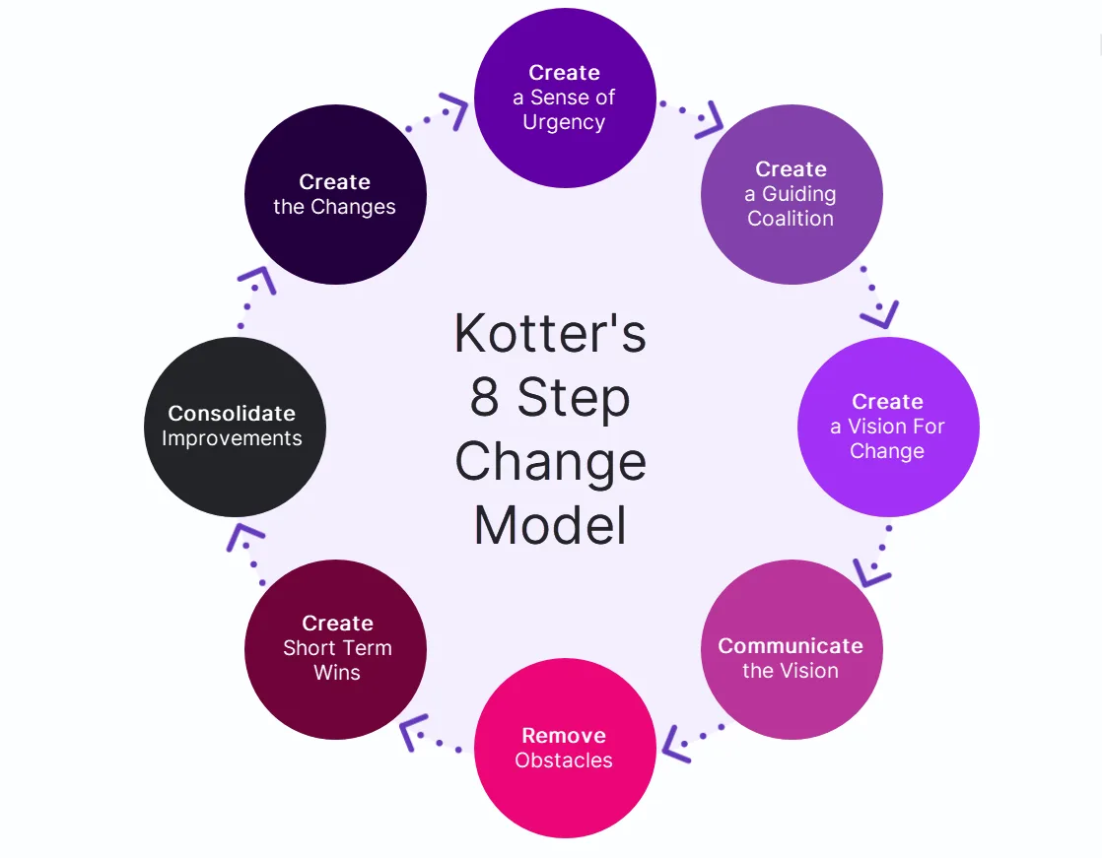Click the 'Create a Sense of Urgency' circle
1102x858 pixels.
tap(565, 97)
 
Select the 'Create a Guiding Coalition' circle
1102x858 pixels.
tap(791, 194)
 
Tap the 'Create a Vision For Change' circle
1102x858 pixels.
tap(887, 427)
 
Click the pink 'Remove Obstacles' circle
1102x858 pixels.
tap(565, 748)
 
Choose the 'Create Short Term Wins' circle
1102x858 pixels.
tap(335, 648)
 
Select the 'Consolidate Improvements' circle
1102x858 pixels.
tap(235, 427)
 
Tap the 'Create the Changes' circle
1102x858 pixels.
tap(335, 194)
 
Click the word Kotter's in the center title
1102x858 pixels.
tap(550, 334)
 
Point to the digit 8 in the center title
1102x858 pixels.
tap(484, 398)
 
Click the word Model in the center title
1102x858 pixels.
tap(550, 525)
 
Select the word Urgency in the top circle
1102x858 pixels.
tap(564, 122)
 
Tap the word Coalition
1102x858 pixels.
tap(791, 219)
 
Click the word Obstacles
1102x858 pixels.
tap(564, 760)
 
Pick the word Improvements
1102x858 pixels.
tap(232, 438)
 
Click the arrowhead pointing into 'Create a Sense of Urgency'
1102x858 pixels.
tap(455, 110)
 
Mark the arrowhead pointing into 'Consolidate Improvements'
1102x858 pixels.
tap(245, 538)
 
